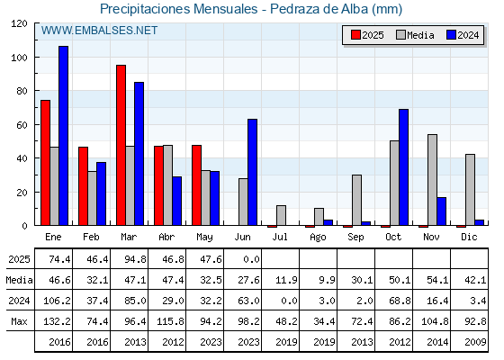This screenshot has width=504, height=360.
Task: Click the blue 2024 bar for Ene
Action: click(x=63, y=136)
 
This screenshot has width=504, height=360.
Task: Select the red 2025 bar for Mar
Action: click(x=121, y=145)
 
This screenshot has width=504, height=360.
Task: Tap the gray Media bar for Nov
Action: click(x=432, y=180)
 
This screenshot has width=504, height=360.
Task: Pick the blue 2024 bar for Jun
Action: click(x=252, y=172)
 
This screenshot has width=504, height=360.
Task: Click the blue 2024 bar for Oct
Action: click(x=404, y=167)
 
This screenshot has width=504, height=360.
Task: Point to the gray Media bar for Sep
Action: click(x=356, y=200)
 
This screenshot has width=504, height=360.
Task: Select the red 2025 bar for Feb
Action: click(x=83, y=186)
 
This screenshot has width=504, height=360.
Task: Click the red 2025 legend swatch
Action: click(x=355, y=35)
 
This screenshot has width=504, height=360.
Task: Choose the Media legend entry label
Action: click(x=421, y=35)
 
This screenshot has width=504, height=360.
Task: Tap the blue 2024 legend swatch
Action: click(x=451, y=35)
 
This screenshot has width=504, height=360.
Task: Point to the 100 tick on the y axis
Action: click(x=19, y=58)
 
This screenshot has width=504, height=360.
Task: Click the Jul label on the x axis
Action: click(x=280, y=237)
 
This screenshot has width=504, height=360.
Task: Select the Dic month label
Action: click(x=469, y=237)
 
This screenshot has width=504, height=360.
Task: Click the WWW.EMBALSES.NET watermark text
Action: click(x=99, y=31)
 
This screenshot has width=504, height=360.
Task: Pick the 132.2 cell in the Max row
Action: click(x=57, y=321)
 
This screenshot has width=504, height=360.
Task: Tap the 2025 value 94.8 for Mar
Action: click(x=135, y=259)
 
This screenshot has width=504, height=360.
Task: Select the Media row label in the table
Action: click(x=19, y=280)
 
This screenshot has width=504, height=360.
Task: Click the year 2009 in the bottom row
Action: click(x=475, y=342)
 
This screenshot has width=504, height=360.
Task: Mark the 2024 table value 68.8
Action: click(x=400, y=301)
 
